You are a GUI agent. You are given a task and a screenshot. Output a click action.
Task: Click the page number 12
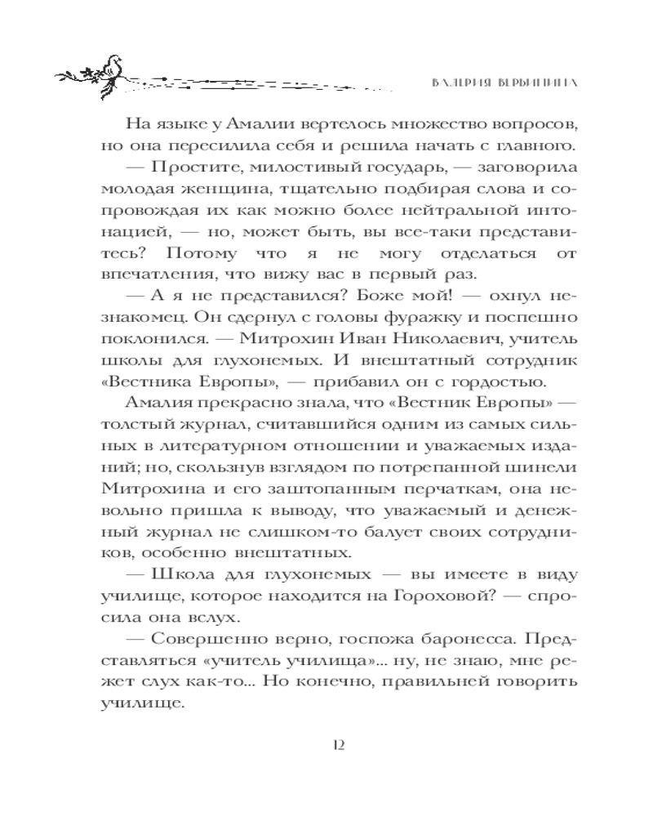[x=340, y=744]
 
